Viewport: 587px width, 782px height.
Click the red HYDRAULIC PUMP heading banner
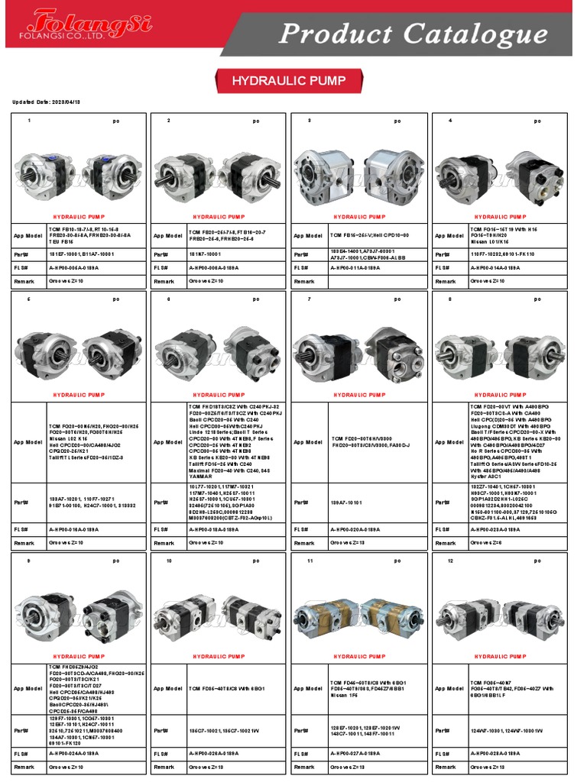pyautogui.click(x=289, y=80)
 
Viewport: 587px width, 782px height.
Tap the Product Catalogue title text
pyautogui.click(x=413, y=34)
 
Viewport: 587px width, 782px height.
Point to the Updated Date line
pyautogui.click(x=47, y=102)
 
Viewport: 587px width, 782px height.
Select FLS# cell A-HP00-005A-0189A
pyautogui.click(x=74, y=268)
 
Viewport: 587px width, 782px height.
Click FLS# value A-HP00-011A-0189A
pyautogui.click(x=356, y=268)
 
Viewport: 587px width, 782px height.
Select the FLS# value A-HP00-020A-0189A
pyautogui.click(x=356, y=528)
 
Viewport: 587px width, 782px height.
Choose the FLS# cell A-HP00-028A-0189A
pyautogui.click(x=496, y=753)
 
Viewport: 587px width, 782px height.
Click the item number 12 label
pyautogui.click(x=451, y=561)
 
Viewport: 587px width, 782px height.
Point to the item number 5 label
pyautogui.click(x=29, y=299)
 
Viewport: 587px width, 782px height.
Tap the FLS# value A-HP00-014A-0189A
pyautogui.click(x=496, y=268)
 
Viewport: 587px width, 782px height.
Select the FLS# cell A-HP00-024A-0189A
pyautogui.click(x=74, y=753)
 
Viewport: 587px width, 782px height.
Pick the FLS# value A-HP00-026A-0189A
pyautogui.click(x=215, y=753)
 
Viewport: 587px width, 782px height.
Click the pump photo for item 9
pyautogui.click(x=77, y=610)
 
